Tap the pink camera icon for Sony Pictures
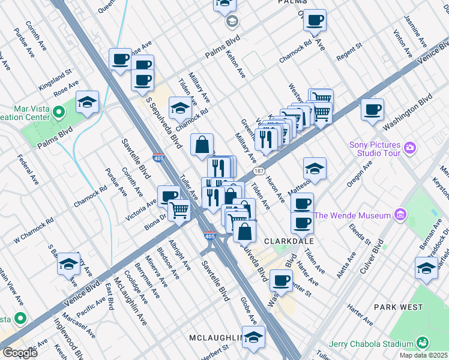[410, 147]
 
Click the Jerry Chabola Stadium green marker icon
[423, 343]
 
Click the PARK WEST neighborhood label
[398, 307]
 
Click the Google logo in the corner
[19, 353]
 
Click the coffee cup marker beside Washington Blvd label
[373, 110]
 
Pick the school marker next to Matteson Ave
[315, 169]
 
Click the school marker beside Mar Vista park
[88, 103]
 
